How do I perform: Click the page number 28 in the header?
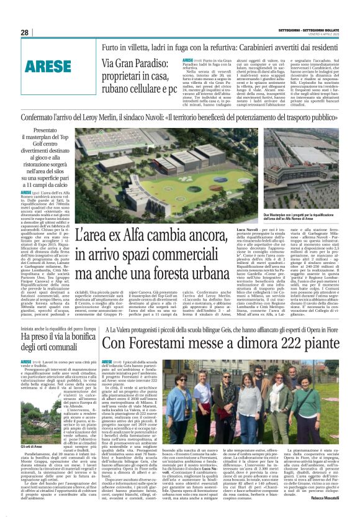coord(24,32)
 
